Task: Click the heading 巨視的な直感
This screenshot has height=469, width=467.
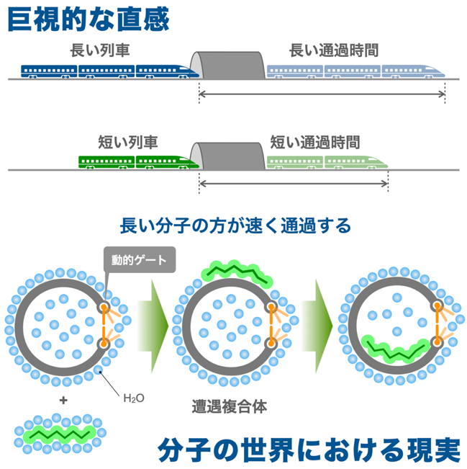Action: pyautogui.click(x=89, y=19)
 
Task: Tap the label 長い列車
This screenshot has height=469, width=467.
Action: pyautogui.click(x=100, y=50)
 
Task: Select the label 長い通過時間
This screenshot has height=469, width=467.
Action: pyautogui.click(x=334, y=50)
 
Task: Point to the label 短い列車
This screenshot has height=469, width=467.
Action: pyautogui.click(x=128, y=142)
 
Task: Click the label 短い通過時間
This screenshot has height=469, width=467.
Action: pyautogui.click(x=315, y=142)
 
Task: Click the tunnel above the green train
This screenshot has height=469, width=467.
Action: pyautogui.click(x=227, y=156)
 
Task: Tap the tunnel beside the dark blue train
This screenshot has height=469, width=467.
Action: pyautogui.click(x=227, y=66)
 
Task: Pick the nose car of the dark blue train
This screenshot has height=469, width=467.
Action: pyautogui.click(x=168, y=71)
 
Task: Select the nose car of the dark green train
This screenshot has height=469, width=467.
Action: pyautogui.click(x=168, y=162)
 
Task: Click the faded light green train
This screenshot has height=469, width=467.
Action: pyautogui.click(x=327, y=162)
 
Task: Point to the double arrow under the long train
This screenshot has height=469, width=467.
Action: pyautogui.click(x=322, y=94)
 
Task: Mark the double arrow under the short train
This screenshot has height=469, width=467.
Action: pyautogui.click(x=294, y=184)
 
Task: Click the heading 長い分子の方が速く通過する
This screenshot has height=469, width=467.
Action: pyautogui.click(x=235, y=225)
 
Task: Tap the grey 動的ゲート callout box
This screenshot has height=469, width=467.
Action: pyautogui.click(x=140, y=259)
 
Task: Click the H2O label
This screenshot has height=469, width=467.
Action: pyautogui.click(x=134, y=398)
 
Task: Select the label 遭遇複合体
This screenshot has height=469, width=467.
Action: pyautogui.click(x=229, y=406)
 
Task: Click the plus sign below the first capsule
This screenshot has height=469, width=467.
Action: pyautogui.click(x=63, y=401)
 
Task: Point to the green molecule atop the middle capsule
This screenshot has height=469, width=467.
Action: pyautogui.click(x=237, y=273)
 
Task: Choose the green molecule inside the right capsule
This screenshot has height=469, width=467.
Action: pyautogui.click(x=396, y=349)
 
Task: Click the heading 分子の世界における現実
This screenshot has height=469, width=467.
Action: pyautogui.click(x=309, y=450)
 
